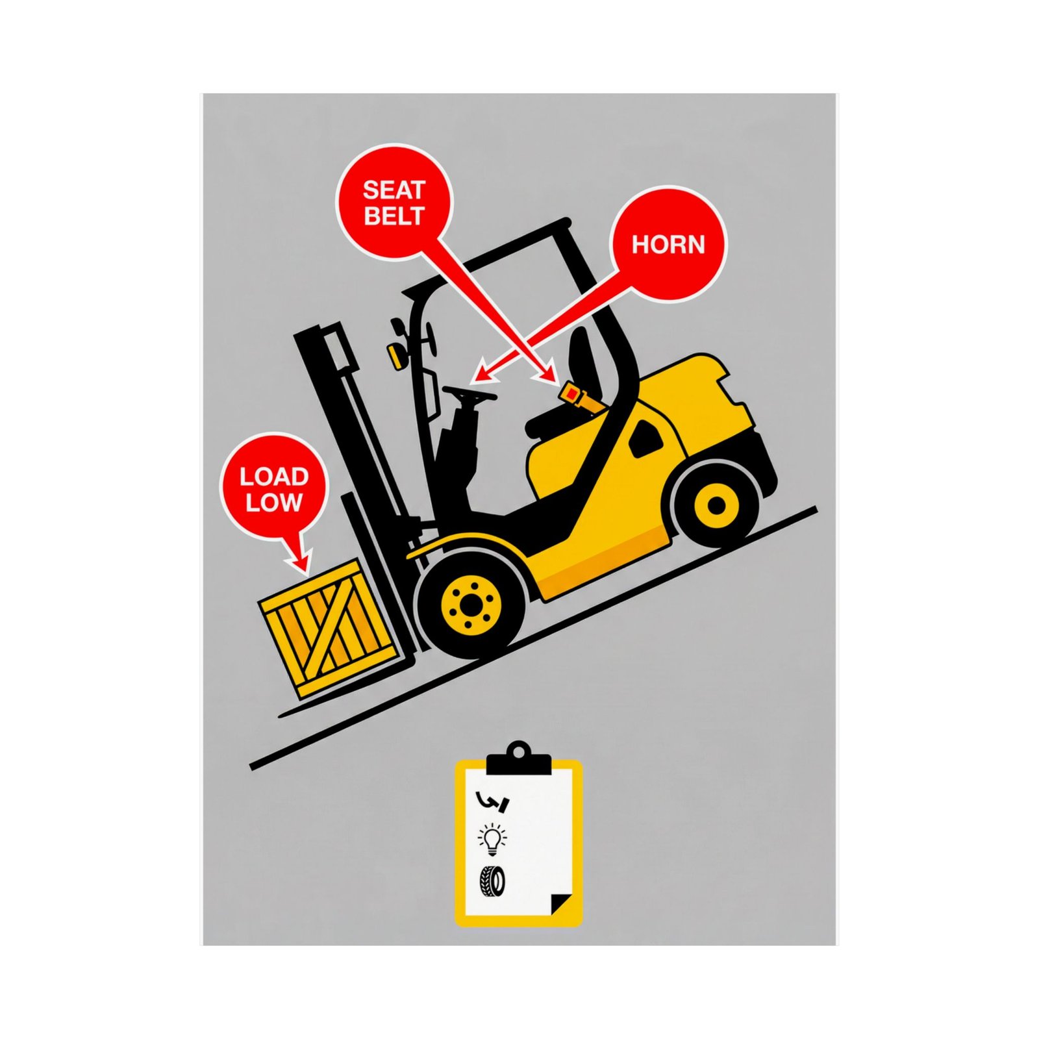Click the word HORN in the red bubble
coord(668,245)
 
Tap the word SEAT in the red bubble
coord(394,190)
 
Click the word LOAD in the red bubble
coord(274,477)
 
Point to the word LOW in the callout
coord(274,502)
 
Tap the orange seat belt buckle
coord(571,393)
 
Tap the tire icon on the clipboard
coord(492,881)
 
